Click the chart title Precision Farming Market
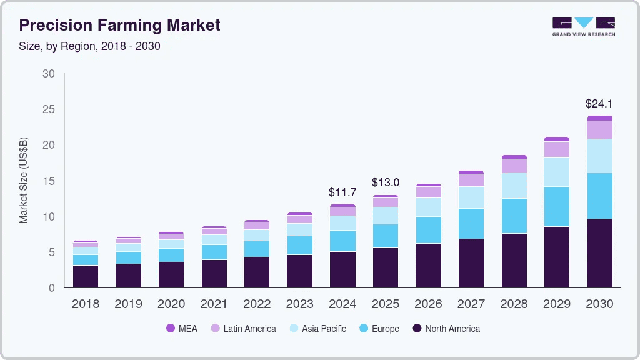click(119, 26)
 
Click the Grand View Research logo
click(583, 26)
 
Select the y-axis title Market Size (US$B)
click(24, 180)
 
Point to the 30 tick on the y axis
click(48, 74)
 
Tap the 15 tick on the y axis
click(48, 181)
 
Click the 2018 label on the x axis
click(86, 304)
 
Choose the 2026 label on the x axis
click(428, 304)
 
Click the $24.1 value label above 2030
click(599, 102)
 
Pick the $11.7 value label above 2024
click(342, 192)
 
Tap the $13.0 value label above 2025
click(386, 182)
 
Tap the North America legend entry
click(446, 329)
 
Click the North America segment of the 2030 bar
click(599, 253)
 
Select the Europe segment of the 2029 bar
click(557, 206)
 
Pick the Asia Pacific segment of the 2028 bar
click(514, 186)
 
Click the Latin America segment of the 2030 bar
click(599, 129)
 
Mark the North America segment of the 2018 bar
click(86, 276)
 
